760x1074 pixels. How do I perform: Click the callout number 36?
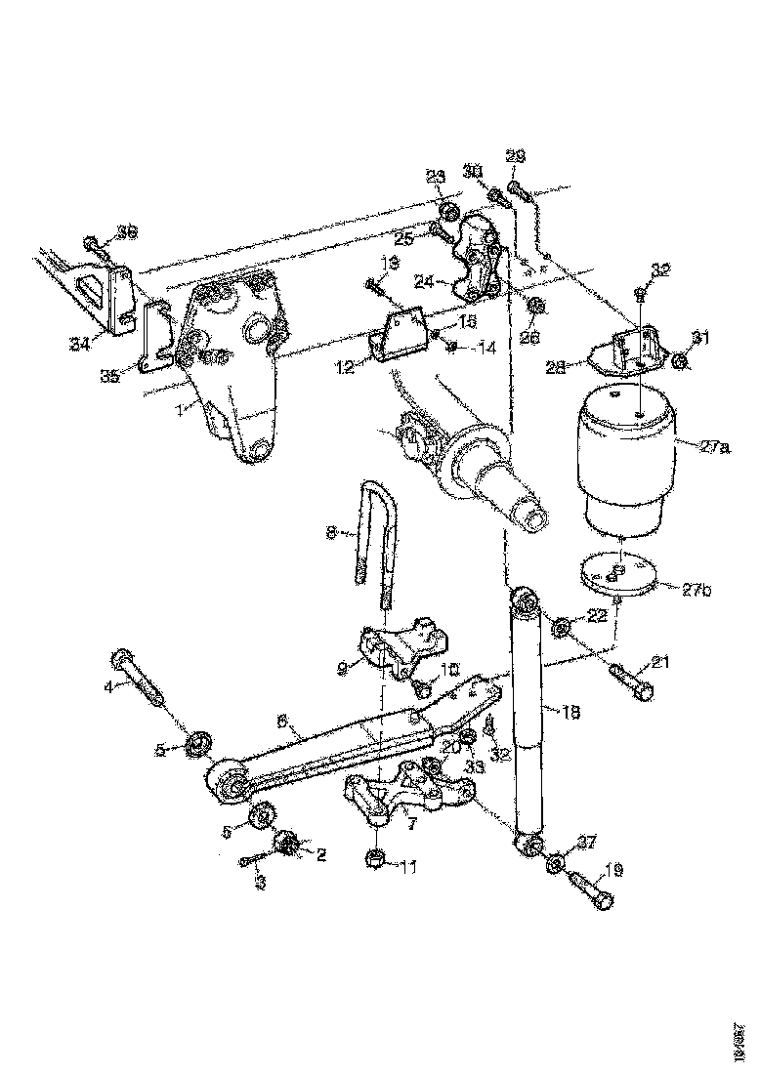[x=126, y=231]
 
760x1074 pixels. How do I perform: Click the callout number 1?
[x=179, y=411]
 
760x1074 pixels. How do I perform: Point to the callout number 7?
[x=411, y=823]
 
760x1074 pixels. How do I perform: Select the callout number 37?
[x=585, y=843]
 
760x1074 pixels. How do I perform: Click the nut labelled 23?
[x=449, y=213]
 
